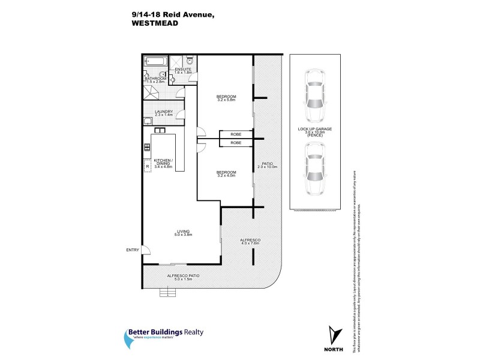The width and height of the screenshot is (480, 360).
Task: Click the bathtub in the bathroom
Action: [x=155, y=61]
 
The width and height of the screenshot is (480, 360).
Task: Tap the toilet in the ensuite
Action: [x=190, y=60]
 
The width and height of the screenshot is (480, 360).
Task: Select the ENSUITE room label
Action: [x=183, y=70]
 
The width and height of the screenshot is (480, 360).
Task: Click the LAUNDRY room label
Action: [x=163, y=111]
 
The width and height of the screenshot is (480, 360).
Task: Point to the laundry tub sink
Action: [x=147, y=121]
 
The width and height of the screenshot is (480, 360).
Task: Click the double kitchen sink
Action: [x=160, y=130]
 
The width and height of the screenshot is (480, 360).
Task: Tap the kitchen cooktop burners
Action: [x=146, y=146]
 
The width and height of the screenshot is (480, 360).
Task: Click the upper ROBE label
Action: [x=236, y=134]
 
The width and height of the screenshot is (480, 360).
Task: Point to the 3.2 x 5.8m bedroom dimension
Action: [x=226, y=101]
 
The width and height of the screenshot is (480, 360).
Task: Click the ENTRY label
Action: [x=132, y=250]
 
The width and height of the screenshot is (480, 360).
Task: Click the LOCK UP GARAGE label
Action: [x=315, y=129]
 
